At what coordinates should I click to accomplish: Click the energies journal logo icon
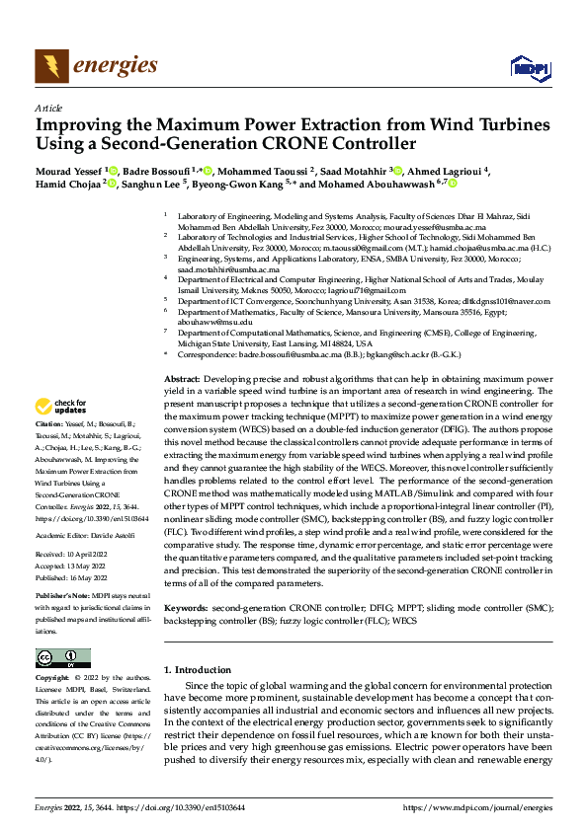pos(49,66)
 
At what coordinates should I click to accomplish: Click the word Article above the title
pos(48,108)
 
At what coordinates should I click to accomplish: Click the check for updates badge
pos(60,433)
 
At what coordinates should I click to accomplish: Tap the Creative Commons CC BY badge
pos(62,657)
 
